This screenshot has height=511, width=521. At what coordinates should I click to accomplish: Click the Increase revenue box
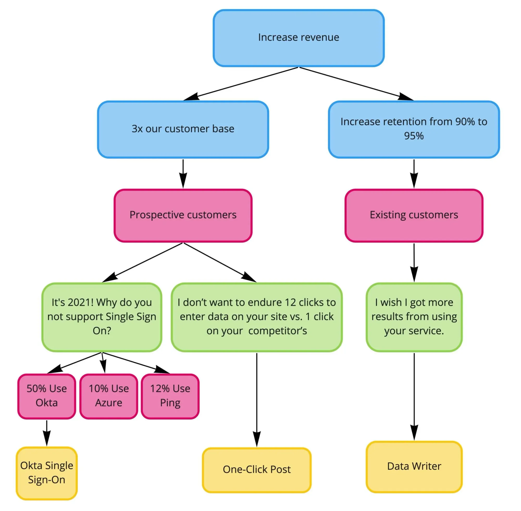299,38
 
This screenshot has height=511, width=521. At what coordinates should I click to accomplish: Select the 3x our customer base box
183,129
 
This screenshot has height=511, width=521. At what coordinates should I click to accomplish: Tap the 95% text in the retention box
414,136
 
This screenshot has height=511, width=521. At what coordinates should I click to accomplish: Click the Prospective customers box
183,215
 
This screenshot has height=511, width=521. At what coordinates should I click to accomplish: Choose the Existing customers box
414,215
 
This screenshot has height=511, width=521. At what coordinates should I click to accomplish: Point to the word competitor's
277,331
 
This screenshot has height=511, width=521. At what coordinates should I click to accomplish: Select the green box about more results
414,317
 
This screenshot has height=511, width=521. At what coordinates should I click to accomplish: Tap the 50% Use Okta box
47,396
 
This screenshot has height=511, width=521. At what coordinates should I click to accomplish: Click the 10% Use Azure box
109,396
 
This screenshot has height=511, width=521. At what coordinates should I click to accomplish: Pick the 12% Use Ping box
170,396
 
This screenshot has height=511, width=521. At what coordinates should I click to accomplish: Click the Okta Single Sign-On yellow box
47,473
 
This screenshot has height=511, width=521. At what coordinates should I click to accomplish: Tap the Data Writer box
414,466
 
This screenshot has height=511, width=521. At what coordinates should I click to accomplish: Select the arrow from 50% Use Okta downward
47,432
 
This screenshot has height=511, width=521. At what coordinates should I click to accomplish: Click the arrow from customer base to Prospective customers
183,173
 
